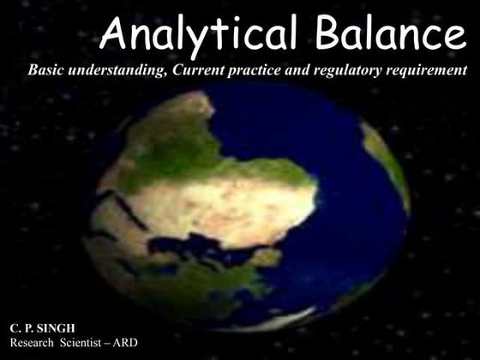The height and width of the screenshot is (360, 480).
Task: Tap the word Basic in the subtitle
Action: (47, 69)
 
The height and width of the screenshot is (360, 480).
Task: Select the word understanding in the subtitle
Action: (117, 69)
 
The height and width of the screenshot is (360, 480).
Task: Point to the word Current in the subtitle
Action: (198, 69)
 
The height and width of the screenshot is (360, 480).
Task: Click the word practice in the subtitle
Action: (255, 69)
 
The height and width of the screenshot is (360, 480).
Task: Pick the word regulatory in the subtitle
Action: (349, 69)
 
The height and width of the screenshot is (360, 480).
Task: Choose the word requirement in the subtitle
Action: (425, 69)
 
